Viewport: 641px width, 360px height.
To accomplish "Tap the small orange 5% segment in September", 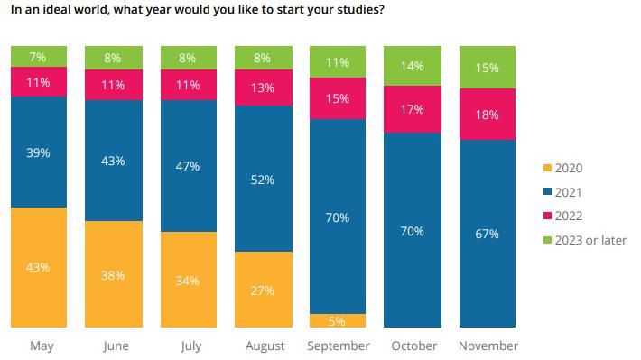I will [x=338, y=320].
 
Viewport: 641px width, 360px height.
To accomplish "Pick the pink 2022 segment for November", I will [x=488, y=115].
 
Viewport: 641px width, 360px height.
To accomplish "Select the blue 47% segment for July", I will [x=189, y=166].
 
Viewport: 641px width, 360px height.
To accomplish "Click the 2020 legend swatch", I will [x=545, y=169].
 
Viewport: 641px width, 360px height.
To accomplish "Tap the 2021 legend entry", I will [x=568, y=192].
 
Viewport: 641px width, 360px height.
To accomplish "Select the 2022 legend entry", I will [x=568, y=216].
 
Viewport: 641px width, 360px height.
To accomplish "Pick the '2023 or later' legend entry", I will [x=589, y=239].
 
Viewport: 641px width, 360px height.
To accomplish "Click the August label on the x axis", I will [x=265, y=346].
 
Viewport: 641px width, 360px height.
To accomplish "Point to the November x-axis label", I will [x=488, y=346].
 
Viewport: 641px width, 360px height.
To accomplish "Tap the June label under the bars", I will [x=116, y=346].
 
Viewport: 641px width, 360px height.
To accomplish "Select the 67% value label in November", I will [x=488, y=234].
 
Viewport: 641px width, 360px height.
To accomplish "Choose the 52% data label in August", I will [x=263, y=180].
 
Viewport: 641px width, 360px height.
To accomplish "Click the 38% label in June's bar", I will [x=114, y=274].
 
